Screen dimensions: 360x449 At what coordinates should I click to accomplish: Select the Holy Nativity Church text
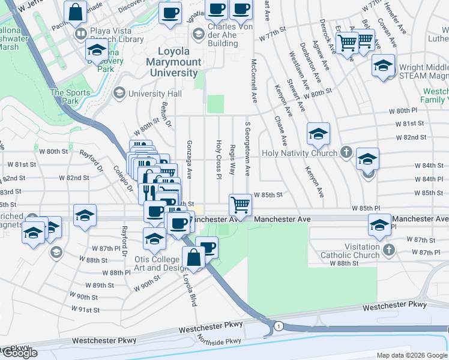point(300,153)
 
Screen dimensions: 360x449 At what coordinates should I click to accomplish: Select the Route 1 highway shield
point(279,326)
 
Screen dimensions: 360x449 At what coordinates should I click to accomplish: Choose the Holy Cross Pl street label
point(218,160)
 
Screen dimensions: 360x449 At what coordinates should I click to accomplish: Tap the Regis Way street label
point(232,158)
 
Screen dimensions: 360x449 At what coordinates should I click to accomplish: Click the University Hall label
point(155,94)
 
